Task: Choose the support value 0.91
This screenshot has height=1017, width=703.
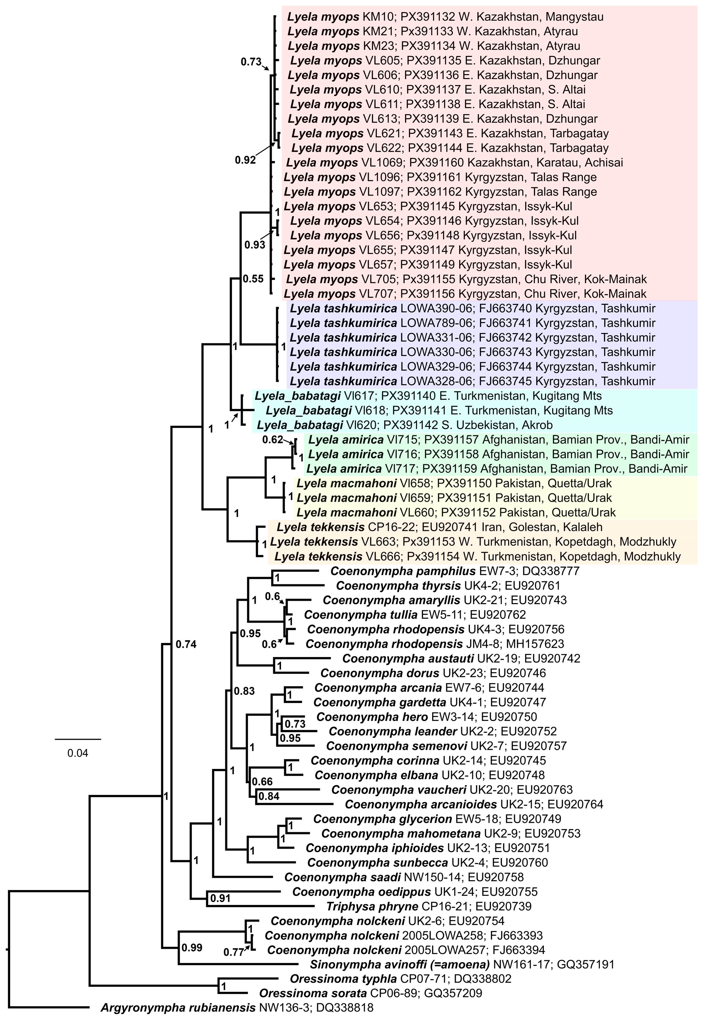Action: tap(220, 898)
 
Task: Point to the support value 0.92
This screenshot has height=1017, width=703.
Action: tap(245, 160)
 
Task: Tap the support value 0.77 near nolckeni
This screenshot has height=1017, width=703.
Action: tap(234, 952)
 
